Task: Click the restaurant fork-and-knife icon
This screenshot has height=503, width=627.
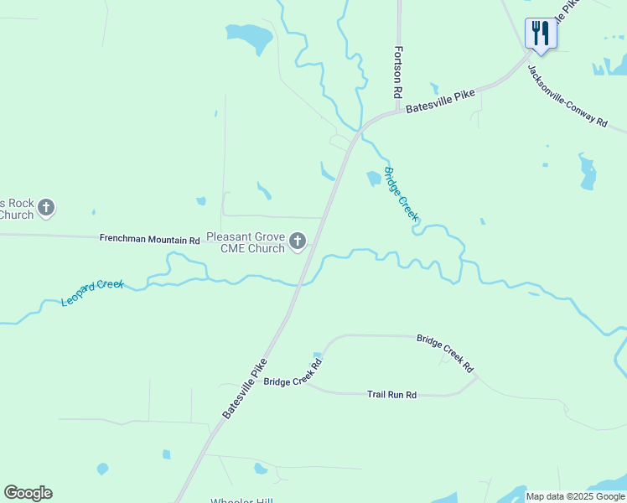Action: pyautogui.click(x=540, y=34)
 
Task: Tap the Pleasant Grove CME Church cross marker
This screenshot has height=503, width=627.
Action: pyautogui.click(x=297, y=242)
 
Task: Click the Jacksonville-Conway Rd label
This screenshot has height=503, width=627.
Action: pyautogui.click(x=567, y=96)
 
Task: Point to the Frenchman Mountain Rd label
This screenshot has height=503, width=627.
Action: pyautogui.click(x=149, y=240)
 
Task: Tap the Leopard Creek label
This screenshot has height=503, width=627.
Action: pyautogui.click(x=92, y=291)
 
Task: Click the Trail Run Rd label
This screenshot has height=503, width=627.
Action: pyautogui.click(x=391, y=394)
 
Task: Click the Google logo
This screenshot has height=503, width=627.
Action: pyautogui.click(x=28, y=493)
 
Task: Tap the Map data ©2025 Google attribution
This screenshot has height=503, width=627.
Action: pyautogui.click(x=575, y=496)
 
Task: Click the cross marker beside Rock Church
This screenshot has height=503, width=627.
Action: pyautogui.click(x=46, y=207)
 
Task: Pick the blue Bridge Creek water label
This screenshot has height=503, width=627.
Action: pyautogui.click(x=401, y=194)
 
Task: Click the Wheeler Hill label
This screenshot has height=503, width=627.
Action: pyautogui.click(x=241, y=500)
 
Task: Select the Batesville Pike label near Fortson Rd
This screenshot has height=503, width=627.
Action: pyautogui.click(x=440, y=101)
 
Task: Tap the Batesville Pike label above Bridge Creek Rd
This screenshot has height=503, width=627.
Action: pyautogui.click(x=245, y=388)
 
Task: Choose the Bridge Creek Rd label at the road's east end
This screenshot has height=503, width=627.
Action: pyautogui.click(x=445, y=354)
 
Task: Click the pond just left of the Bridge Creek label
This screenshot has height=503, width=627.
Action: pyautogui.click(x=373, y=179)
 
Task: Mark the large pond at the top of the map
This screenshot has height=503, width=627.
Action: pyautogui.click(x=251, y=36)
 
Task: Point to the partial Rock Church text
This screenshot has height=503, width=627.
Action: pyautogui.click(x=17, y=209)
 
